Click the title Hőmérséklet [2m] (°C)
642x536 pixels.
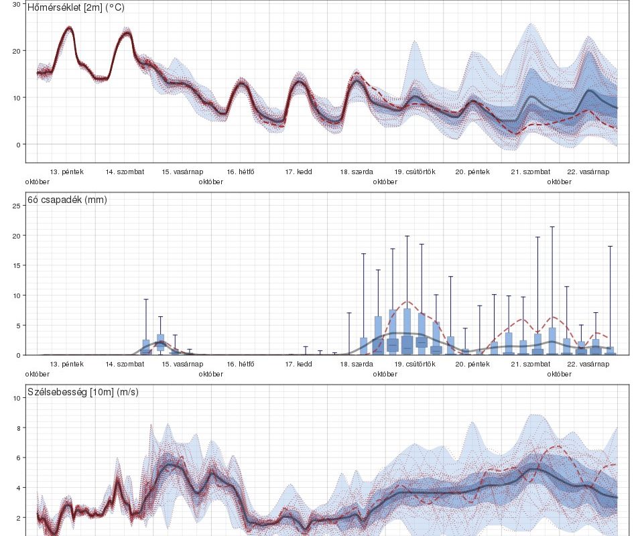point(76,8)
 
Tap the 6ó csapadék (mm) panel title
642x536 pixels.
point(67,200)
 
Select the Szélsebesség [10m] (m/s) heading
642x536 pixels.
point(83,392)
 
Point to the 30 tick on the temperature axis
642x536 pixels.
point(17,4)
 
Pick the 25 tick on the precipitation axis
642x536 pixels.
point(17,206)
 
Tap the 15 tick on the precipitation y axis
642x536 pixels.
point(17,265)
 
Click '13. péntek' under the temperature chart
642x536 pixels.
point(67,172)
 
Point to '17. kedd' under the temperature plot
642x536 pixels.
point(298,172)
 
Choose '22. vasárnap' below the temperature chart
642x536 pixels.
point(588,172)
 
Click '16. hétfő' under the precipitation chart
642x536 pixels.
point(241,364)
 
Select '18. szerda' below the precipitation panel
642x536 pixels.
point(357,364)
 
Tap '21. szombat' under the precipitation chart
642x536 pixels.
point(530,364)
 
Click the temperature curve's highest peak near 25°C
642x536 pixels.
point(69,27)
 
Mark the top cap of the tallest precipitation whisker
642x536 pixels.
point(552,227)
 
